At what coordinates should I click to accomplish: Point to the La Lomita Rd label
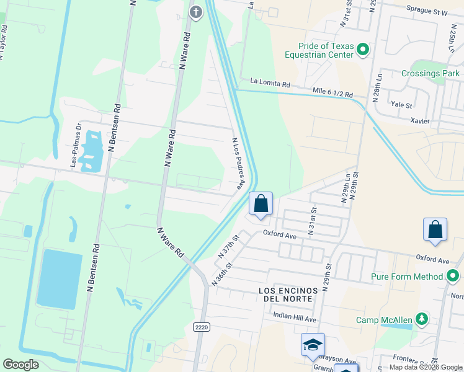pyautogui.click(x=270, y=82)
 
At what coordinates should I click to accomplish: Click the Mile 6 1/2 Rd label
pyautogui.click(x=332, y=92)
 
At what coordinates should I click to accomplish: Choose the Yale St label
pyautogui.click(x=402, y=105)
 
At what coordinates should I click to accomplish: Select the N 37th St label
pyautogui.click(x=228, y=247)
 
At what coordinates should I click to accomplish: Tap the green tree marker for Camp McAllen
pyautogui.click(x=422, y=319)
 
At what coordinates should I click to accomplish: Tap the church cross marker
pyautogui.click(x=196, y=12)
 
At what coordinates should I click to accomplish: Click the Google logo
pyautogui.click(x=20, y=365)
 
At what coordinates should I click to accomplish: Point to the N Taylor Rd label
pyautogui.click(x=3, y=42)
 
